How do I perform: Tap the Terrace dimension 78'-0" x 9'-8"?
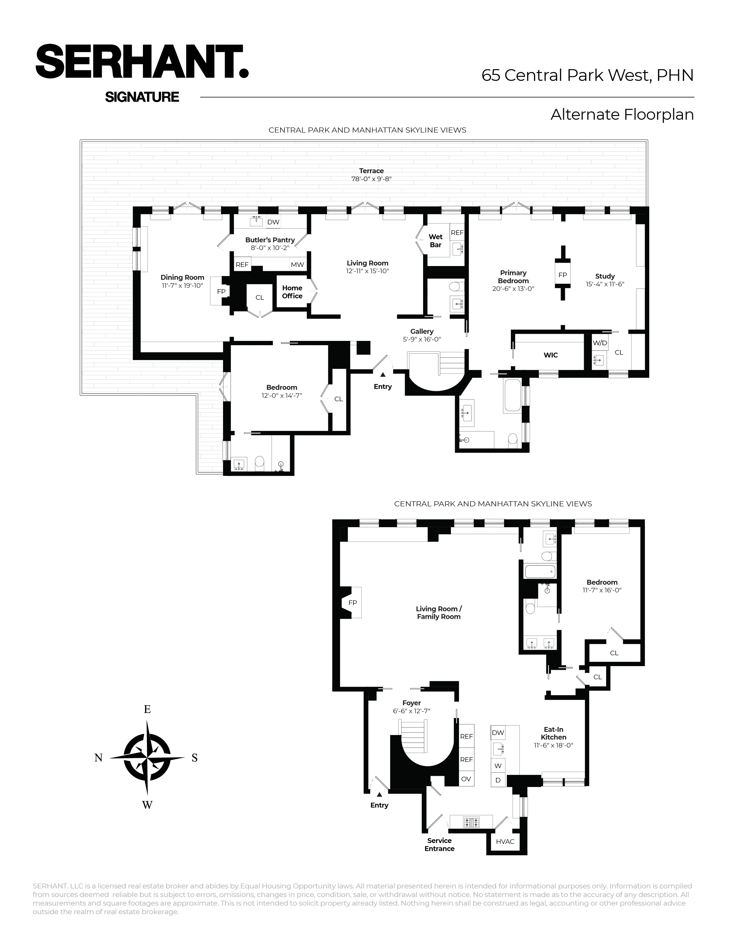point(371,179)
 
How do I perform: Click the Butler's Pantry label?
point(270,240)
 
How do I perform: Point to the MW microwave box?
point(297,265)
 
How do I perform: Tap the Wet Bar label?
point(435,241)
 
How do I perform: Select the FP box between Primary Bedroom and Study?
point(562,275)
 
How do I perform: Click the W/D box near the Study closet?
point(600,343)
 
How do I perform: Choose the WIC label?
point(551,355)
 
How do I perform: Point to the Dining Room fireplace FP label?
point(221,291)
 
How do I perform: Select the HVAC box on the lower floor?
point(505,842)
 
